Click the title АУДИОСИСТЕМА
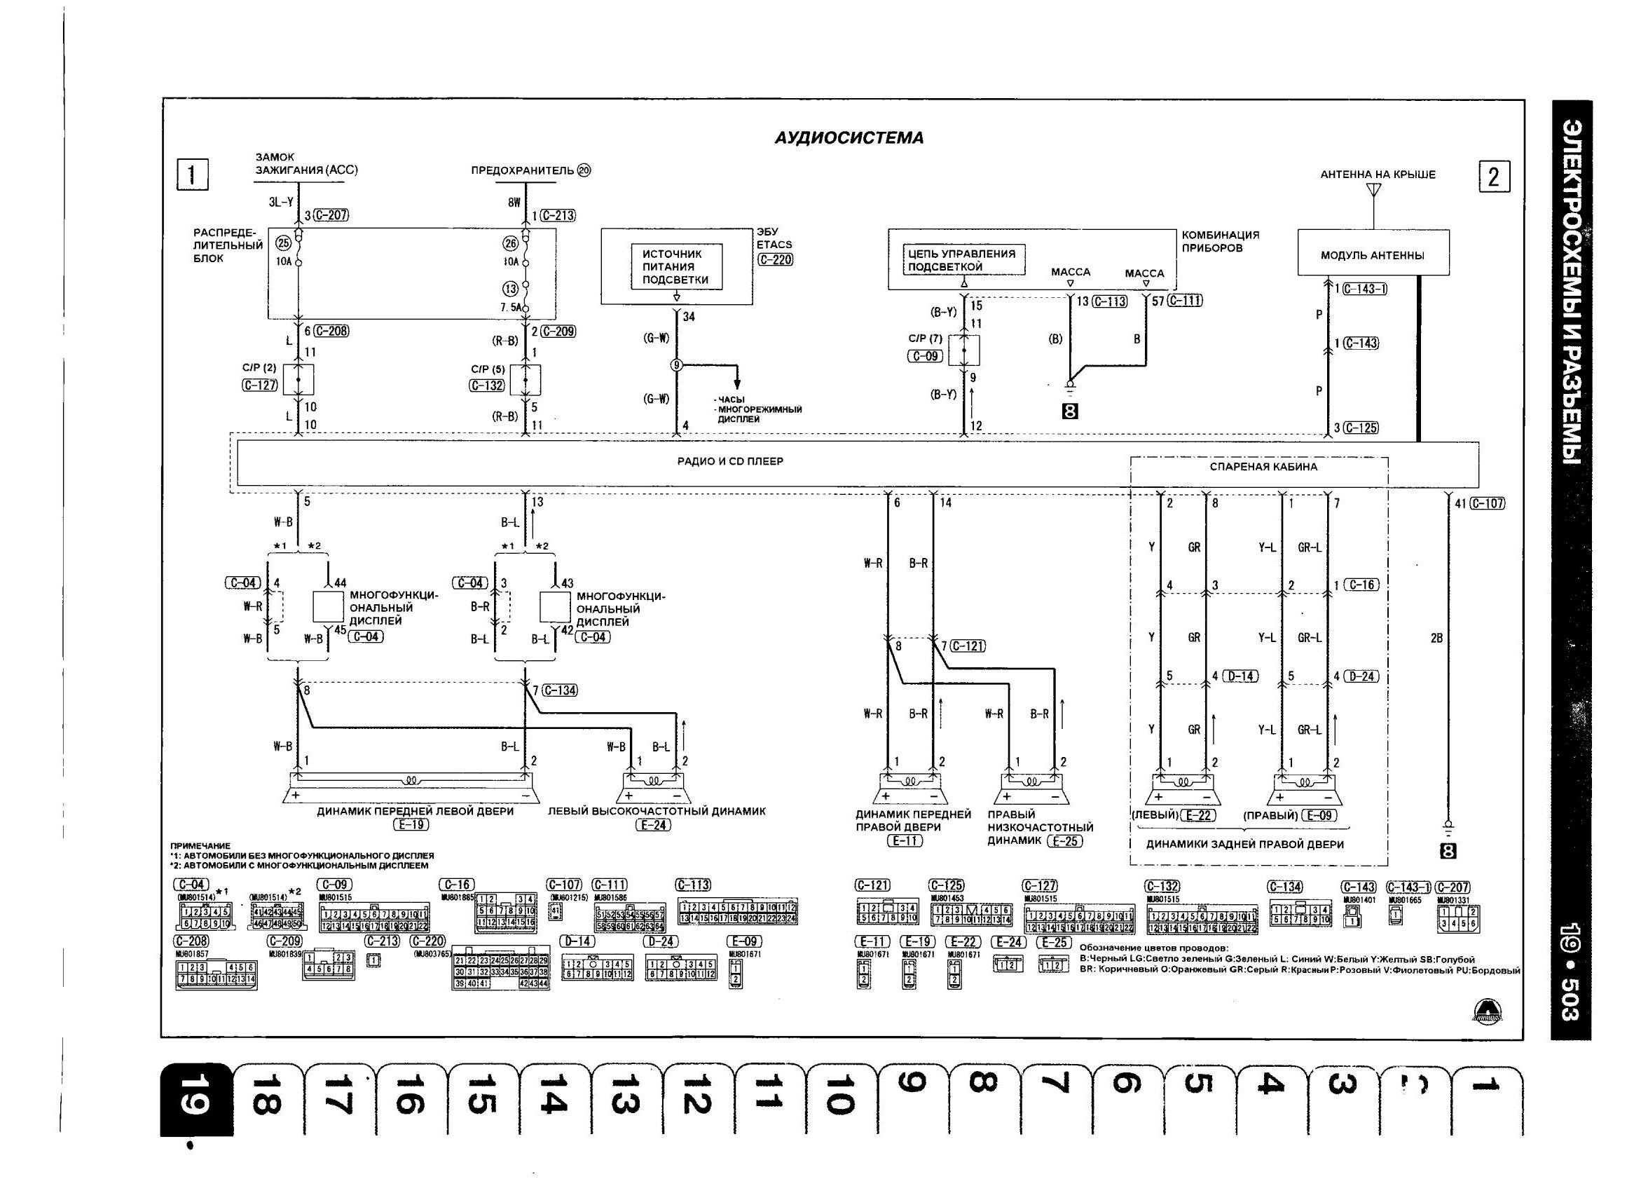tap(849, 138)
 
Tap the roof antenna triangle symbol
tap(1373, 191)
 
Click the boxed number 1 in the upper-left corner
tap(193, 175)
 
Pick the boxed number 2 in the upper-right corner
tap(1494, 177)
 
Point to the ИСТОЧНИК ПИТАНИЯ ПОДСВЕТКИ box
tap(675, 267)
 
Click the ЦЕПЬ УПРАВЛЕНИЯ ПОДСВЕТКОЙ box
tap(963, 260)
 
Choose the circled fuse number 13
tap(511, 288)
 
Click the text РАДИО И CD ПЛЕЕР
tap(729, 461)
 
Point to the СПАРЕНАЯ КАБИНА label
tap(1263, 467)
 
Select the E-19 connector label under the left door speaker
tap(411, 824)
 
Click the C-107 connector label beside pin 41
tap(1488, 504)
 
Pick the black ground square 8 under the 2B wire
tap(1448, 852)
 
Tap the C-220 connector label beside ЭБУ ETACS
tap(775, 259)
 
